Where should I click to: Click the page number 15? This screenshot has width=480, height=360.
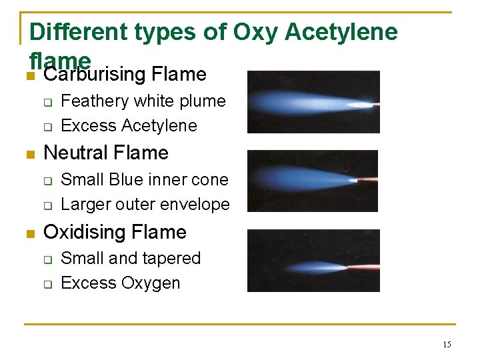click(447, 345)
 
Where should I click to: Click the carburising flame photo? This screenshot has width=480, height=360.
click(313, 102)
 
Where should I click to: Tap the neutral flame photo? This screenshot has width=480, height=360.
click(313, 181)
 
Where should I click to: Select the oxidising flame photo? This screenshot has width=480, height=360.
click(313, 261)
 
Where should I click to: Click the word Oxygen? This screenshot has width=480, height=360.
click(151, 283)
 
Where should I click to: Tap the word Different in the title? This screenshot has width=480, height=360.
click(71, 31)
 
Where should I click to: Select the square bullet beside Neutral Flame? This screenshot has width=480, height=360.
click(27, 154)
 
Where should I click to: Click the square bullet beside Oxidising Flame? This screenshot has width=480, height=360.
click(27, 233)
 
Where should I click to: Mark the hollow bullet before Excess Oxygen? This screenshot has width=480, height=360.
click(47, 284)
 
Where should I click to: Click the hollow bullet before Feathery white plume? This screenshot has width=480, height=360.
click(47, 102)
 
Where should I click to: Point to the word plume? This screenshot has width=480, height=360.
click(203, 101)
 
